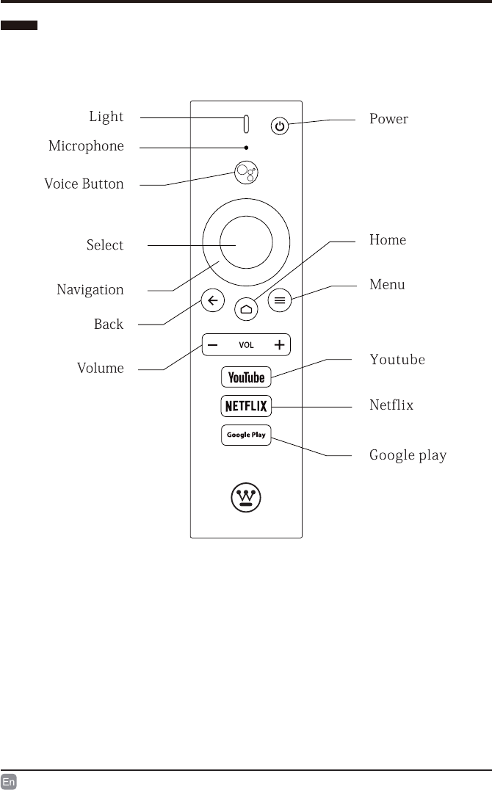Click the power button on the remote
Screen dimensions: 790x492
coord(279,127)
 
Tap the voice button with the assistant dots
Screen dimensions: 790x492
coord(246,173)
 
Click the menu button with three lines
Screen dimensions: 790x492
coord(279,300)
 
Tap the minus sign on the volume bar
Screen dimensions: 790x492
coord(211,344)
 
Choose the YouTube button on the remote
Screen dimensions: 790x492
coord(246,377)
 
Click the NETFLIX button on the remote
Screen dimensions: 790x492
coord(246,405)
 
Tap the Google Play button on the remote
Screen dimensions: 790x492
coord(246,435)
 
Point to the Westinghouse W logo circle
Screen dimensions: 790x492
coord(246,499)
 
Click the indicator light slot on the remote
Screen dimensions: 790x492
coord(246,125)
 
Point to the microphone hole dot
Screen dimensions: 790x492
coord(246,148)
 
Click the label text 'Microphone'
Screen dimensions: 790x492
coord(86,146)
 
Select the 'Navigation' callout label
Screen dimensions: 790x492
coord(90,289)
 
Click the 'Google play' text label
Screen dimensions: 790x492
coord(408,455)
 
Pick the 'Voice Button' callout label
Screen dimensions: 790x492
coord(84,184)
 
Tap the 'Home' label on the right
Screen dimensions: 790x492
coord(387,240)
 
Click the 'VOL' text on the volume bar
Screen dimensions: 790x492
coord(246,344)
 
